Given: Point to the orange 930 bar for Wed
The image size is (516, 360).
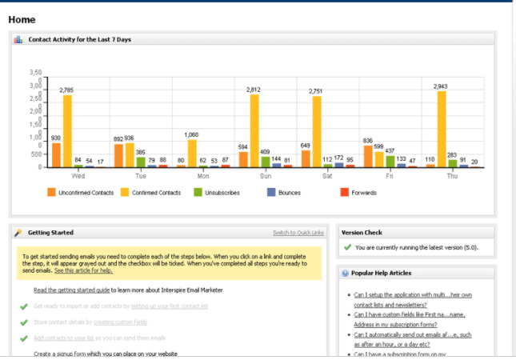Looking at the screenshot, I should pos(56,155).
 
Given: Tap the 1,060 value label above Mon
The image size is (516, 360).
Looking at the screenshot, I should pos(192,135).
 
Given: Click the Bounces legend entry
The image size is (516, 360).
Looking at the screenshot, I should pos(284,193).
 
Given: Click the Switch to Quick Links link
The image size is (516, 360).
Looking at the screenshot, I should pos(298,233).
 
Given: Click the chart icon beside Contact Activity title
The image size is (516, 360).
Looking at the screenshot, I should pos(18,38).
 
